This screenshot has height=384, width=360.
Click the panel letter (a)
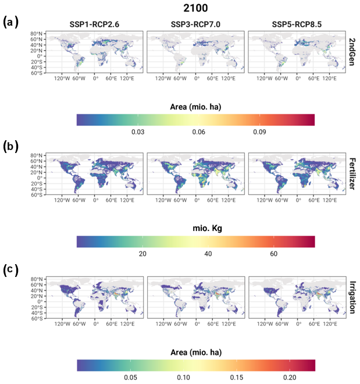pyautogui.click(x=10, y=22)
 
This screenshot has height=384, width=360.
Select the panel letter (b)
pyautogui.click(x=10, y=145)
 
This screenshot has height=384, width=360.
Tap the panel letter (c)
pyautogui.click(x=10, y=269)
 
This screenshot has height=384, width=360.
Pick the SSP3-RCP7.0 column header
pyautogui.click(x=195, y=24)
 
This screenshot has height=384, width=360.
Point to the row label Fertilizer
pyautogui.click(x=352, y=175)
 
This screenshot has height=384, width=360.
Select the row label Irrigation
pyautogui.click(x=352, y=298)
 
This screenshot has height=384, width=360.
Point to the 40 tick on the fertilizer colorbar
pyautogui.click(x=208, y=255)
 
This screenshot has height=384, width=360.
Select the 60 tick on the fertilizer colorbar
pyautogui.click(x=273, y=255)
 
